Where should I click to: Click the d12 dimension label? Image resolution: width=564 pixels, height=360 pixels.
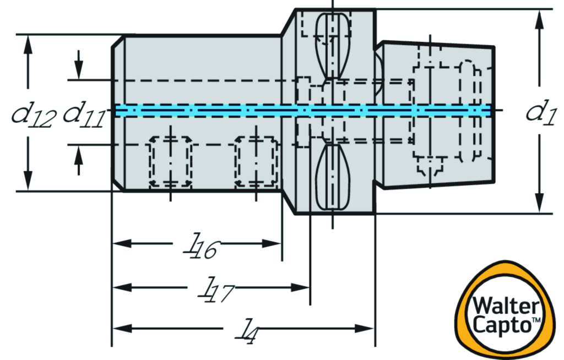pos(34,115)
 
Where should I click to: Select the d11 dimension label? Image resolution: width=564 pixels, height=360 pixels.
pos(84,115)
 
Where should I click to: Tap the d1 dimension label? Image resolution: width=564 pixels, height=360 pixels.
pos(542,112)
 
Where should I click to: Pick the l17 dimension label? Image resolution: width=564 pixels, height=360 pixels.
pos(215,291)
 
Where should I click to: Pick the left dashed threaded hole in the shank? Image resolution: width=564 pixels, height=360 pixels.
pos(171,162)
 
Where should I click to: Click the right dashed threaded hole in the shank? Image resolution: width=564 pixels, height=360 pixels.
pos(255,162)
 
